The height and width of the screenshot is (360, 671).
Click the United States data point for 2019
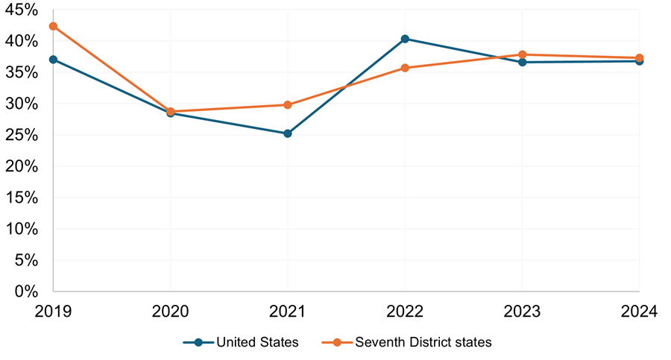pos(53,60)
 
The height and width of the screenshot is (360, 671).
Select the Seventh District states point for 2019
pos(53,26)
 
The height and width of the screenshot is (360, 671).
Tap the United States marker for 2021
pos(288,133)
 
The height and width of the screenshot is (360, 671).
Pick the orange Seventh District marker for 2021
pos(288,105)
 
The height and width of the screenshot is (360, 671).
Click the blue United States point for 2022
pos(405,39)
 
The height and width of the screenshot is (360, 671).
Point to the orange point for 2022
pos(405,68)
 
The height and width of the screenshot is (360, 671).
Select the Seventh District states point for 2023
pos(522,54)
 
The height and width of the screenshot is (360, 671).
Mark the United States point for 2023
pos(522,62)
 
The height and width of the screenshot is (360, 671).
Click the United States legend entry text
pos(257,342)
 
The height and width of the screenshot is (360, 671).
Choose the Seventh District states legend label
pos(423,342)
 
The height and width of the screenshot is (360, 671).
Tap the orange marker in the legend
pos(337,342)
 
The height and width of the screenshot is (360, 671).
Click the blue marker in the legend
pos(198,342)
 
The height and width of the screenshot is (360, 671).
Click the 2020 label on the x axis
pos(171,312)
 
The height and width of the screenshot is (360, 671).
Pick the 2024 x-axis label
pos(638,312)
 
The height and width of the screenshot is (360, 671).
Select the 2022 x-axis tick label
pos(405,312)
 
